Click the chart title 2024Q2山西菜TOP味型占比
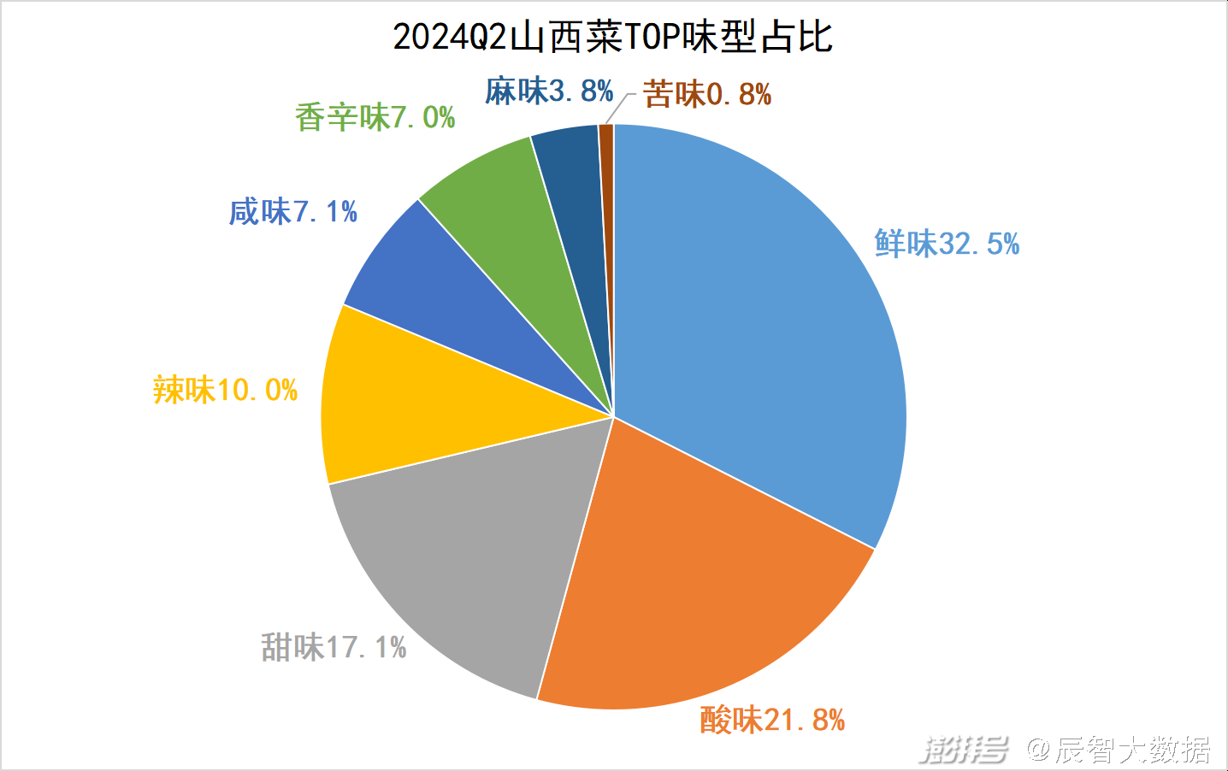[612, 38]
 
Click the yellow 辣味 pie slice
[402, 402]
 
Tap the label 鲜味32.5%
[947, 244]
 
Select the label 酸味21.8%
[772, 720]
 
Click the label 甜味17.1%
[334, 647]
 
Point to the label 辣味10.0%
[225, 391]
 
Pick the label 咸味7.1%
[293, 211]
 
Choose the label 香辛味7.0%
[375, 117]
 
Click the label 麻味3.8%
[549, 91]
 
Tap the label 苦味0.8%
[707, 94]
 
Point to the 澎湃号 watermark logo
[964, 750]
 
